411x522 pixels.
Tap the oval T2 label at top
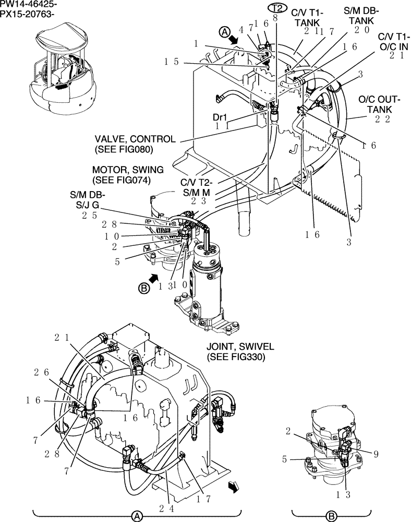pos(278,7)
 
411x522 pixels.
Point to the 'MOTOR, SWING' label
pos(128,170)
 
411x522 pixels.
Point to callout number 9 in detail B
pos(376,453)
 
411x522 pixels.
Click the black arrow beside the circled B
pos(154,279)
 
